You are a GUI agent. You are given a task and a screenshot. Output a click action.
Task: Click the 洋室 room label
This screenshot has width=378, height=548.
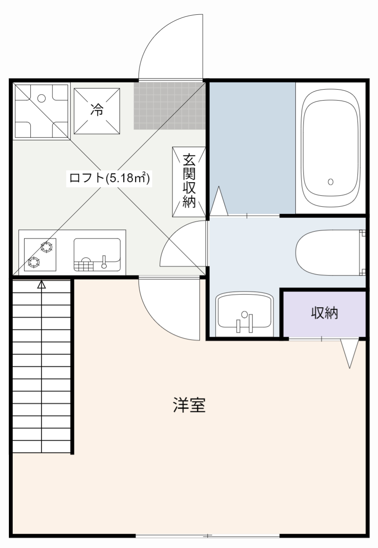pyautogui.click(x=189, y=405)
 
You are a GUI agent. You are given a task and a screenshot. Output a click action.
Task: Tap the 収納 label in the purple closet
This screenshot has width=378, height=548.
pyautogui.click(x=324, y=313)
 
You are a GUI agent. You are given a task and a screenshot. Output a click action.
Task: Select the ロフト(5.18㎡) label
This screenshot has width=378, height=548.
pyautogui.click(x=109, y=178)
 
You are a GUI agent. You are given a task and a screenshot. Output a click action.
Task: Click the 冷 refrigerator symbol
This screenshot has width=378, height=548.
pyautogui.click(x=97, y=111)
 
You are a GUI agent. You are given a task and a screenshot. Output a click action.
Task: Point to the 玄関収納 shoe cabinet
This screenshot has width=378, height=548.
pyautogui.click(x=189, y=182)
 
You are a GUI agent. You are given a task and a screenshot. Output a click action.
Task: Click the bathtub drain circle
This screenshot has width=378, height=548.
pyautogui.click(x=331, y=182)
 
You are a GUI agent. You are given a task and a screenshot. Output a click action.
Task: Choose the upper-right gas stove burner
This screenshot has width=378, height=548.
pyautogui.click(x=46, y=247)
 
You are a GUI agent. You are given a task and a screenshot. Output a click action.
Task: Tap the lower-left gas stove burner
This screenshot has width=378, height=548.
pyautogui.click(x=34, y=262)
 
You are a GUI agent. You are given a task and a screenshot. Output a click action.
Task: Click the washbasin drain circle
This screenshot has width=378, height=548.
pyautogui.click(x=244, y=314)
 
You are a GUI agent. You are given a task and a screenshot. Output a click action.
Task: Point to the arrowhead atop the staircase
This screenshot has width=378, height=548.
pyautogui.click(x=41, y=284)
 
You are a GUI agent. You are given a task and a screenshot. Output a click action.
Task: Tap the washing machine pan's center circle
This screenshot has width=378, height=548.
pyautogui.click(x=41, y=98)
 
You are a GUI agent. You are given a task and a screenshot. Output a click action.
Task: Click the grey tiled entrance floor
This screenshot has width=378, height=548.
pyautogui.click(x=169, y=106)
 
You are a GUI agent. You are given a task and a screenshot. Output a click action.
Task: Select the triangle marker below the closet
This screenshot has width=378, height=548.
pyautogui.click(x=350, y=353)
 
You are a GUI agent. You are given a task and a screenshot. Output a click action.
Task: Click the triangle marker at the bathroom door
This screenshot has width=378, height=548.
pyautogui.click(x=219, y=201)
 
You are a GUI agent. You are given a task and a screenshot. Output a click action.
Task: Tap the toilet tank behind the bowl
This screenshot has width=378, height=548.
pyautogui.click(x=362, y=252)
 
